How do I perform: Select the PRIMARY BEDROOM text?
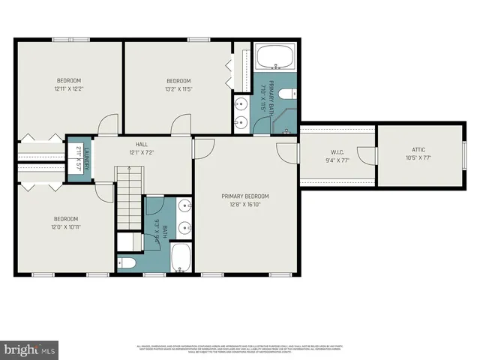(x=244, y=196)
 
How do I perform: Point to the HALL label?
(x=142, y=144)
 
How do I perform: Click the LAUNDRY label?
(x=86, y=157)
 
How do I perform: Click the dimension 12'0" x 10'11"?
(x=66, y=227)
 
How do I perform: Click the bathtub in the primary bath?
(x=274, y=57)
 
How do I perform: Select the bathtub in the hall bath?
(x=181, y=257)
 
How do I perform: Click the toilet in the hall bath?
(x=127, y=262)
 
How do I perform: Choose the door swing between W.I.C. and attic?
(x=364, y=155)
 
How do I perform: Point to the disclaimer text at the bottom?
(x=240, y=348)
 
